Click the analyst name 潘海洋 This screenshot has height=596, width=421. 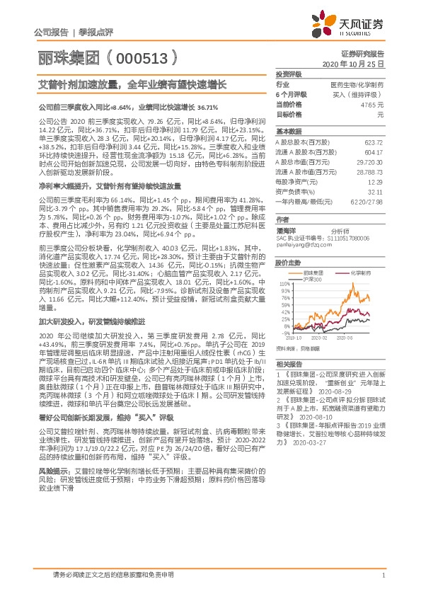pos(287,231)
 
